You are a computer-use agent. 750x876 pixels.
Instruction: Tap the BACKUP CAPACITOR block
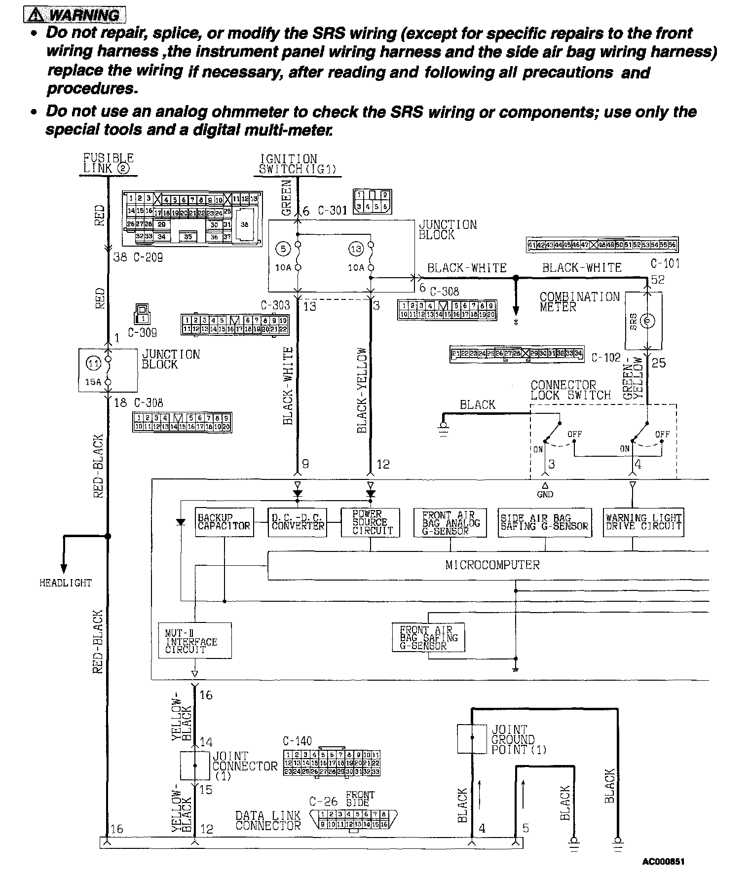point(225,522)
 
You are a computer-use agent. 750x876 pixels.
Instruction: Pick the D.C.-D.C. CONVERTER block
point(298,522)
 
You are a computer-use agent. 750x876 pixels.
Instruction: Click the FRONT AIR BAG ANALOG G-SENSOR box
point(450,522)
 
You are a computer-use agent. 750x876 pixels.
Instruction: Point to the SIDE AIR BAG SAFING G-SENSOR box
point(545,522)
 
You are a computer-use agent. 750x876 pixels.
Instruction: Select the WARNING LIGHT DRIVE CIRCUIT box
point(643,522)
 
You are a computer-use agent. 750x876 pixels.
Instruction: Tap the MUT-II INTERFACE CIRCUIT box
point(195,640)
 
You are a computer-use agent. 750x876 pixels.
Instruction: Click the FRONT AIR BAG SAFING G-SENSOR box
point(428,638)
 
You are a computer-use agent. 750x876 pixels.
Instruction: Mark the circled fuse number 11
point(93,364)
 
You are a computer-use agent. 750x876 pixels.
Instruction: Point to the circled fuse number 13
point(356,249)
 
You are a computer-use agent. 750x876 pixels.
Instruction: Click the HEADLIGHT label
point(66,583)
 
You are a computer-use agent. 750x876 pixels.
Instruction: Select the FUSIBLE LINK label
point(108,163)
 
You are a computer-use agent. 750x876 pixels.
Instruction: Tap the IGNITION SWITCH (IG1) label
point(297,164)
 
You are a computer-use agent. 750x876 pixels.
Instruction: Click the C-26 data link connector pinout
point(353,819)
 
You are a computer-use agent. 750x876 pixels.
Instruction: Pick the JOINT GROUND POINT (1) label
point(518,739)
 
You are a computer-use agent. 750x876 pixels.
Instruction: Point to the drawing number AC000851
point(663,862)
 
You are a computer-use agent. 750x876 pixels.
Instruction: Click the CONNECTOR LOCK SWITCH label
point(570,390)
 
